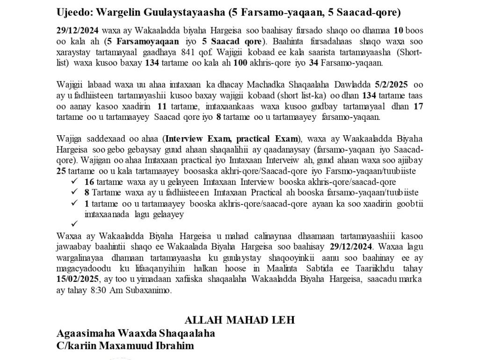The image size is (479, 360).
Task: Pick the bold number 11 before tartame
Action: [162, 106]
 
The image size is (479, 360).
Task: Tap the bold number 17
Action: [419, 106]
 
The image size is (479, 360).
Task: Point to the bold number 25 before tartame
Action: [60, 171]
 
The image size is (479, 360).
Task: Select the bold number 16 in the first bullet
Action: [89, 181]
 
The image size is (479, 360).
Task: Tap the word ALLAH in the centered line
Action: [200, 321]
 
